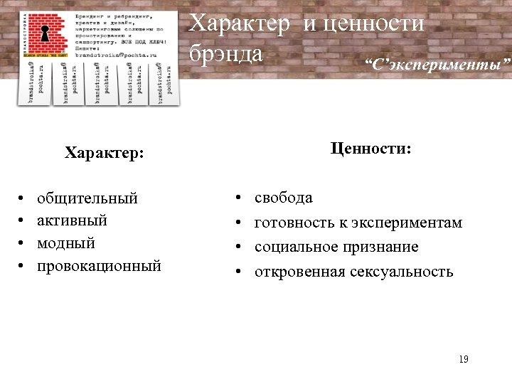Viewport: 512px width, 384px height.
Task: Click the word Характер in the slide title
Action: pos(240,24)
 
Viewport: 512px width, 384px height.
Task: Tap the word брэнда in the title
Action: pos(226,53)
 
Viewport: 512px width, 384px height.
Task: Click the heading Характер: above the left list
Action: pos(104,153)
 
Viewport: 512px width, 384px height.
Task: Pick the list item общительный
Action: pos(87,198)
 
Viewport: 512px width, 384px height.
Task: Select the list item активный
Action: pos(72,220)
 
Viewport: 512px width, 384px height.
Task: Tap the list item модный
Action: pos(65,243)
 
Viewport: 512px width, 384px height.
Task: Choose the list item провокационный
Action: pos(99,266)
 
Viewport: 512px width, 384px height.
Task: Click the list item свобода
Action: pos(283,198)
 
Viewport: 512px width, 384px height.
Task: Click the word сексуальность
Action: pos(401,272)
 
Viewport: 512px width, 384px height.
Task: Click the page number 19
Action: pos(464,360)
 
